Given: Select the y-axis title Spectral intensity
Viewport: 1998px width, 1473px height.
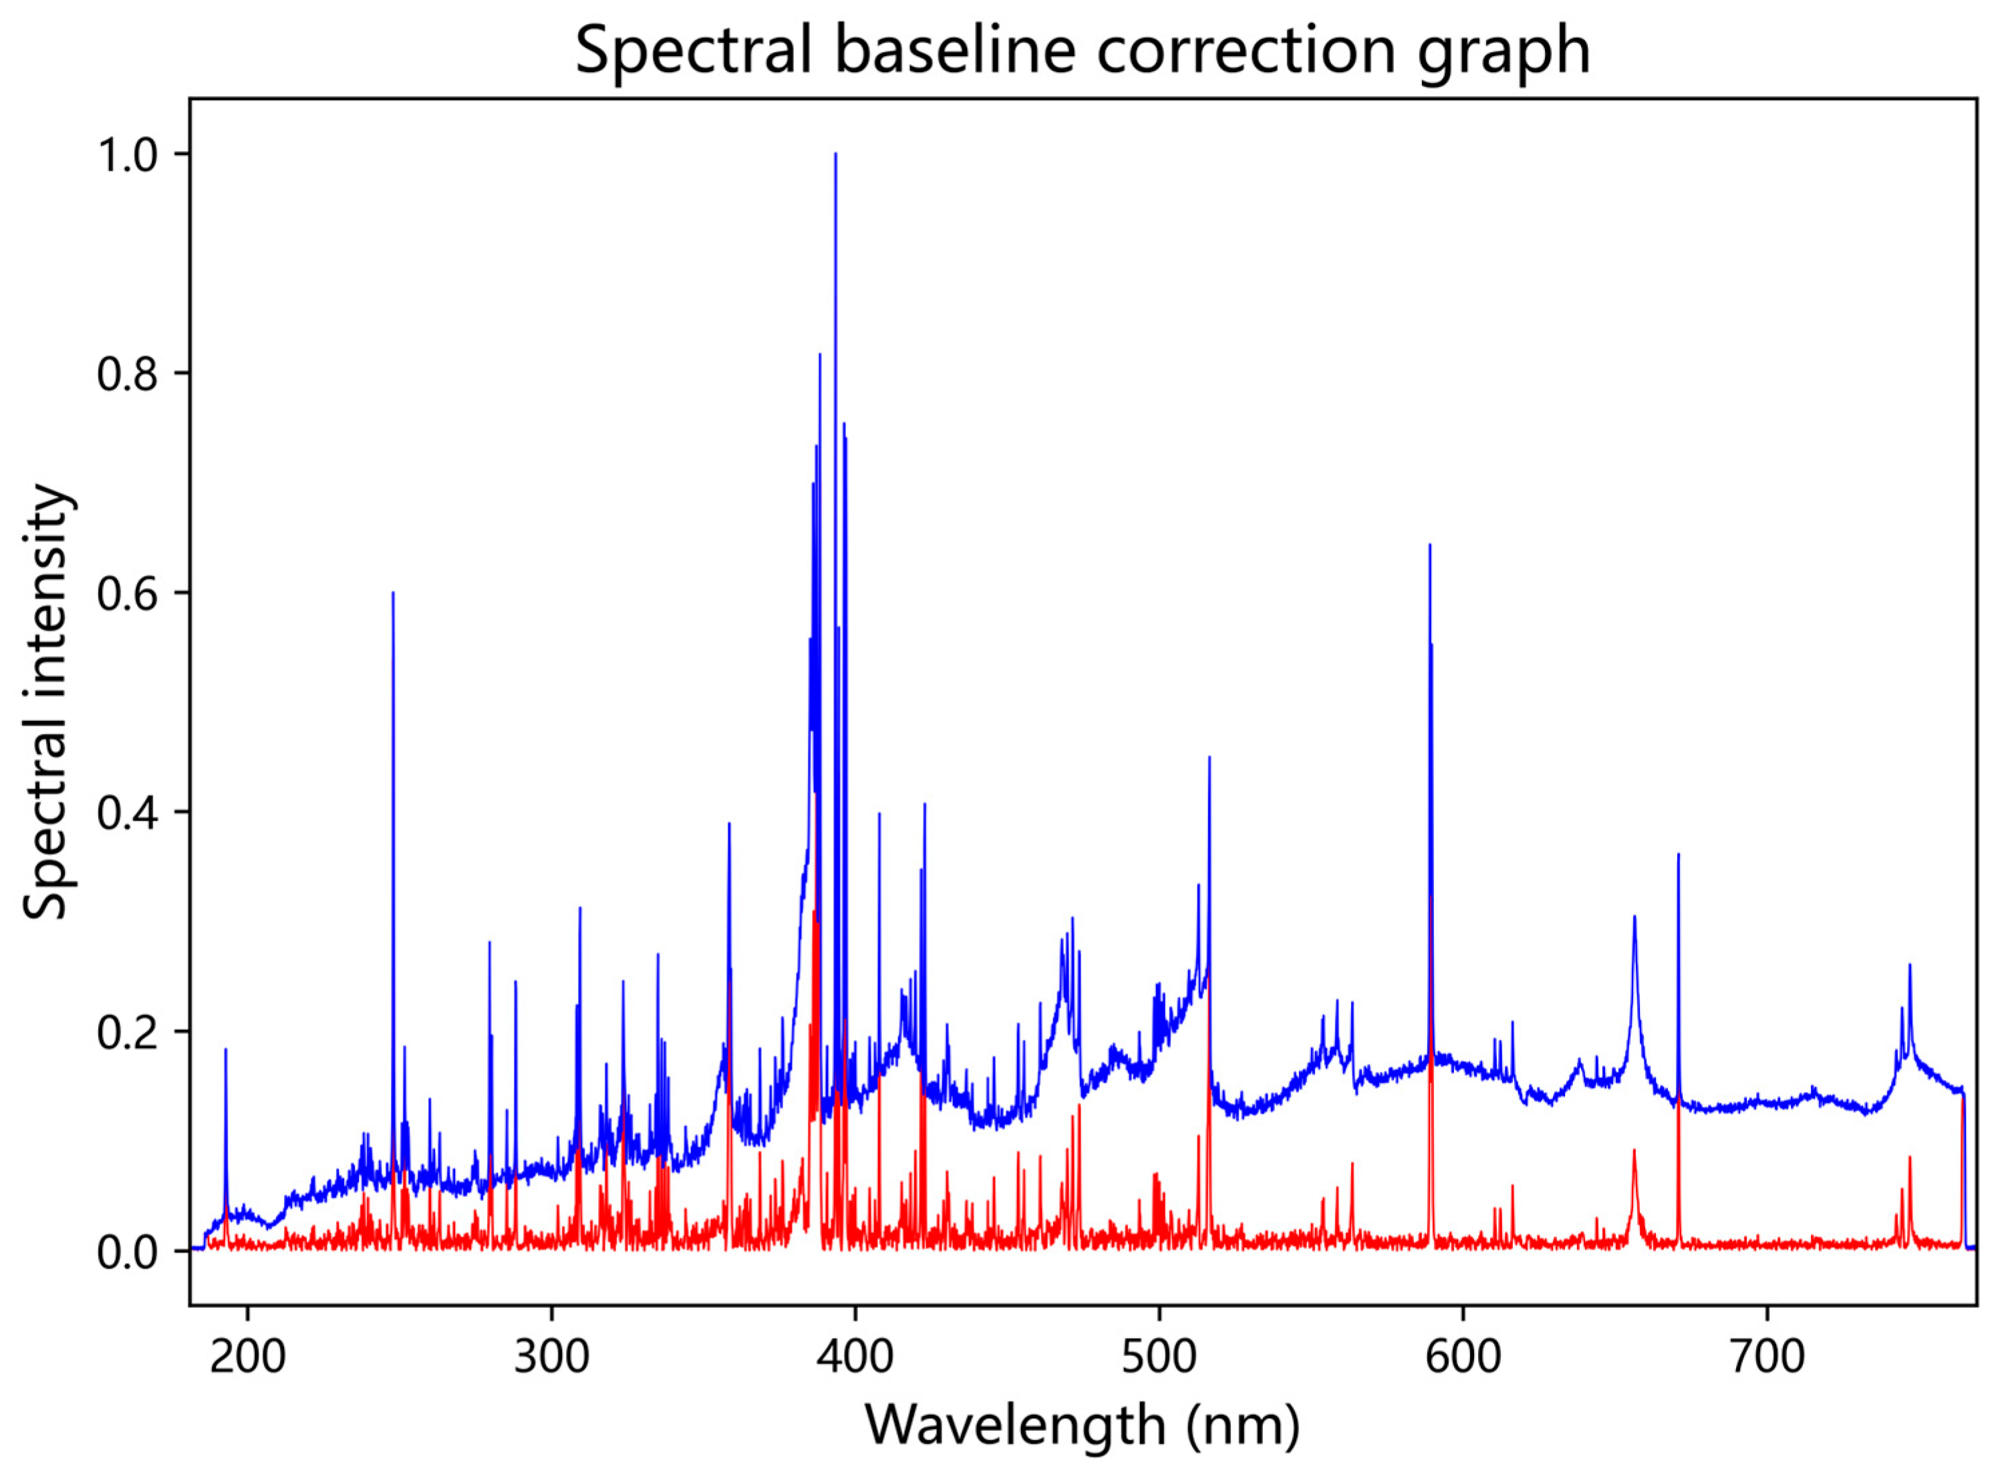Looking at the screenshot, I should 46,701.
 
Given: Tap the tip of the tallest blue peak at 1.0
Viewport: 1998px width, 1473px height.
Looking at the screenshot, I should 835,154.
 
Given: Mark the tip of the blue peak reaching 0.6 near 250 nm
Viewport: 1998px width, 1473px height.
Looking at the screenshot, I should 392,593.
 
